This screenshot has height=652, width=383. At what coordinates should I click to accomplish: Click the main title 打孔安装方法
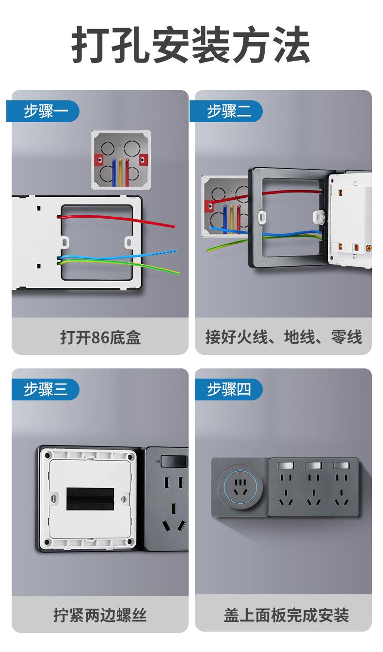(x=191, y=44)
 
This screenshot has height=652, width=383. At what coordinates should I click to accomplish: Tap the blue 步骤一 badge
(x=43, y=111)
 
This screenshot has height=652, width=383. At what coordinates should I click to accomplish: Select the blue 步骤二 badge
(x=226, y=111)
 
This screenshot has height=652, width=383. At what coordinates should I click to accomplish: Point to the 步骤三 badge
(x=46, y=389)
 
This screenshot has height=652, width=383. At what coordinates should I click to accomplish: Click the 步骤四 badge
(x=229, y=389)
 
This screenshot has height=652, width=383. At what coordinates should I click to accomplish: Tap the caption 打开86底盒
(x=100, y=337)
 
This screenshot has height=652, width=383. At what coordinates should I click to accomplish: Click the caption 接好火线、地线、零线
(x=284, y=337)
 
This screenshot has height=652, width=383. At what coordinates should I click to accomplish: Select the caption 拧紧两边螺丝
(x=100, y=615)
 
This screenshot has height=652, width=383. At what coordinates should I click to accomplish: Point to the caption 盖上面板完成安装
(x=286, y=615)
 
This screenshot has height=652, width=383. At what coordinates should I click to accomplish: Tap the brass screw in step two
(x=369, y=248)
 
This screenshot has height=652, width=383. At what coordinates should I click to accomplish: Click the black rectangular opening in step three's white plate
(x=90, y=499)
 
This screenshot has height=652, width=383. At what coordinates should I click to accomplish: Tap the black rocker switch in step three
(x=174, y=461)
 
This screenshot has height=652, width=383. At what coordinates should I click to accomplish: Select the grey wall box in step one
(x=121, y=160)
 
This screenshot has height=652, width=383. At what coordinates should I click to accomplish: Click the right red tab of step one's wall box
(x=144, y=160)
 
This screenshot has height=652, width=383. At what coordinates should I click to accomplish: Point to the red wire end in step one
(x=174, y=226)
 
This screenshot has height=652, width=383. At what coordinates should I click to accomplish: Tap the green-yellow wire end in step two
(x=208, y=250)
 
